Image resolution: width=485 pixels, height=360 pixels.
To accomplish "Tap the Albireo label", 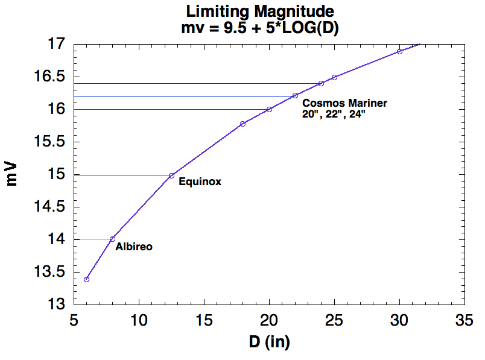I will click(134, 247).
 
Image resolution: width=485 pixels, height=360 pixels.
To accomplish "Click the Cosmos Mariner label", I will click(344, 103).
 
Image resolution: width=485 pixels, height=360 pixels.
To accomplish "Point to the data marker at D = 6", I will click(87, 279).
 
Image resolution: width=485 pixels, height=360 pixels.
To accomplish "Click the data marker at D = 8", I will click(113, 239).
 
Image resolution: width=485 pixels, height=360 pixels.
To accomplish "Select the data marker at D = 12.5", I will click(172, 175).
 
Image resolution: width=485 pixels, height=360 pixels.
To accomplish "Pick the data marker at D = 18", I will click(243, 124).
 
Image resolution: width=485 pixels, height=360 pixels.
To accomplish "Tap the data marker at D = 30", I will click(399, 51).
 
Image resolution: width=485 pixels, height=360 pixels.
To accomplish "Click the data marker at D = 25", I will click(334, 77).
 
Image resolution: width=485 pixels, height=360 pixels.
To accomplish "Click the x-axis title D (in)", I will click(270, 343).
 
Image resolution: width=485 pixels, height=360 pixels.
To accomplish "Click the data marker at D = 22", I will click(295, 95).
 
